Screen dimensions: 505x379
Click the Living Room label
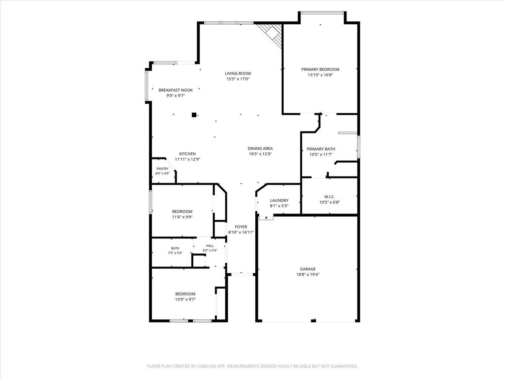[238, 73]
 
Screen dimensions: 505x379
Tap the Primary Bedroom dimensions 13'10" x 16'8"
[320, 75]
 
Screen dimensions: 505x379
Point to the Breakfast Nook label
[176, 90]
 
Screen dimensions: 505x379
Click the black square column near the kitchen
[194, 115]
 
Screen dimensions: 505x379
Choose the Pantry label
[163, 169]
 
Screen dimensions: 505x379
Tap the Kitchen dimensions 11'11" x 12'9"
[187, 159]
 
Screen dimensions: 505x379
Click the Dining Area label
[260, 148]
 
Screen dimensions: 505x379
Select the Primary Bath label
[321, 149]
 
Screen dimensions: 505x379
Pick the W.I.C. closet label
[329, 197]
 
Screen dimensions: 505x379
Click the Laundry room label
[279, 201]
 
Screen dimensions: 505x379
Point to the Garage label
[308, 269]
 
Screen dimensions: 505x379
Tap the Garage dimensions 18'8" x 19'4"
[308, 274]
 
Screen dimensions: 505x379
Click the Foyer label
[241, 227]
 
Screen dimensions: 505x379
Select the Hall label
[210, 246]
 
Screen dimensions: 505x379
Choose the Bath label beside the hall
[175, 248]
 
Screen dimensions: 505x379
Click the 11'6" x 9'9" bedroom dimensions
[182, 217]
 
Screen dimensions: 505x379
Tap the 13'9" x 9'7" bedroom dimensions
[185, 299]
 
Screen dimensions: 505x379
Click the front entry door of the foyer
[242, 274]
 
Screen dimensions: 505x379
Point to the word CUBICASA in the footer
[207, 366]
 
